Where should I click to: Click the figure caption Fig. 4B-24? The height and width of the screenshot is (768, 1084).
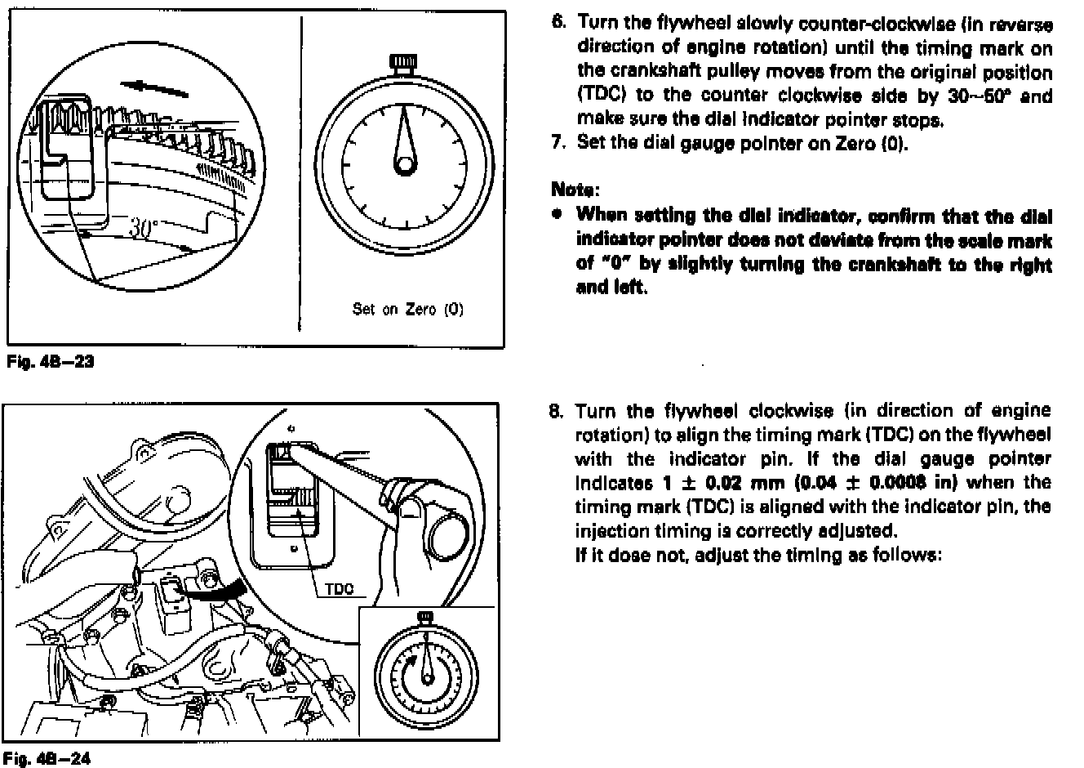point(50,757)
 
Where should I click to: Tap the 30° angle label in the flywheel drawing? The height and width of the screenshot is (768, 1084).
point(144,228)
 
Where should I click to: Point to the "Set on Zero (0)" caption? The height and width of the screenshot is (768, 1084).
point(407,310)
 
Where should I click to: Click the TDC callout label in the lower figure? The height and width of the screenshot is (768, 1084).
point(339,589)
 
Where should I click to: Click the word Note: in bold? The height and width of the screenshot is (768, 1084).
point(575,190)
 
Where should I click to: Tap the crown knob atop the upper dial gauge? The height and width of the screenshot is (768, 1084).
point(403,62)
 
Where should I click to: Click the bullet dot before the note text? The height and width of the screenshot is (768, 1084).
point(558,216)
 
